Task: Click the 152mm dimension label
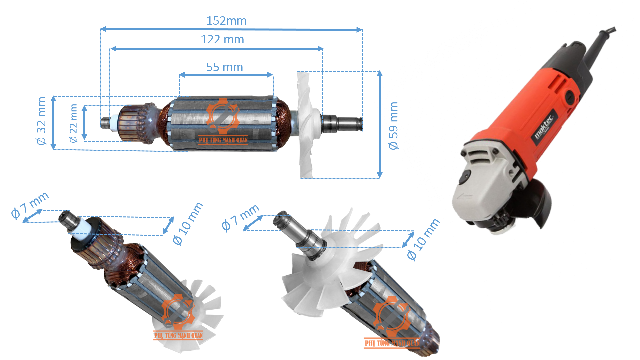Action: (x=226, y=21)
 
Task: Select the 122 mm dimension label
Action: (x=222, y=39)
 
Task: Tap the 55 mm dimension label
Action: (x=224, y=67)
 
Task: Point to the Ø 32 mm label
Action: (x=41, y=121)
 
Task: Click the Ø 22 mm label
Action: (x=73, y=123)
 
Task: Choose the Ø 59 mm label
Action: (x=393, y=126)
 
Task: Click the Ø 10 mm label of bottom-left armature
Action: (x=188, y=224)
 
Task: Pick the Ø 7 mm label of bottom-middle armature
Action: (x=240, y=218)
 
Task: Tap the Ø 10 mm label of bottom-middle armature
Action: (x=423, y=239)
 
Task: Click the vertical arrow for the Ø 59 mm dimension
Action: (x=379, y=124)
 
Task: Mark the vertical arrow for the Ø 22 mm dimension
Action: (x=85, y=122)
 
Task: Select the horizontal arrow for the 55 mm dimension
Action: (x=226, y=75)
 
